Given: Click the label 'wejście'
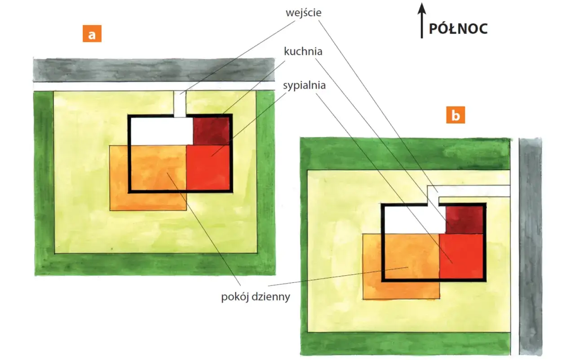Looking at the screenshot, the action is (303, 13).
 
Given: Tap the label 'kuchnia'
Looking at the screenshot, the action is (303, 52).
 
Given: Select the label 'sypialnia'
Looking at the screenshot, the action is (304, 85).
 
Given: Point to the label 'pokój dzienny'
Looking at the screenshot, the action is (256, 297).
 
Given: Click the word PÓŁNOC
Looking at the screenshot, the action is (459, 29).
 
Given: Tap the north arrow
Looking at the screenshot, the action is (422, 21).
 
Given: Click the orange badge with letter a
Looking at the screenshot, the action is (92, 34).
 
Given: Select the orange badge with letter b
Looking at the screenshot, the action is (456, 115).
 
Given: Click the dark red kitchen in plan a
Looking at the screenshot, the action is (211, 131).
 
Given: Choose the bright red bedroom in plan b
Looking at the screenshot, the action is (461, 256).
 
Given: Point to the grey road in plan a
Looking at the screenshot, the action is (154, 70).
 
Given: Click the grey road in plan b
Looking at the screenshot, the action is (531, 246).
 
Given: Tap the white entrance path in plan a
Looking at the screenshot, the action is (180, 104).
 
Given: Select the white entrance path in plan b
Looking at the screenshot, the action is (468, 191).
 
